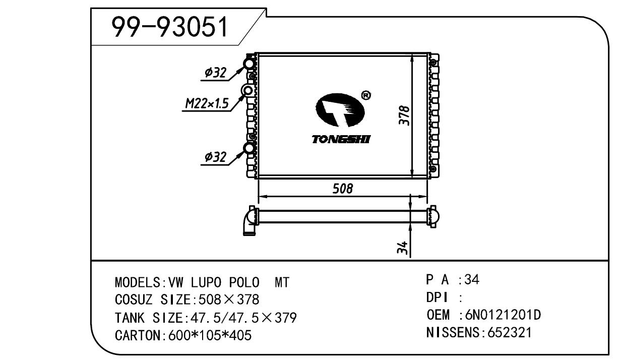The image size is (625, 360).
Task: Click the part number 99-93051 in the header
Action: pos(170,27)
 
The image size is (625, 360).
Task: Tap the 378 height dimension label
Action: pos(404,115)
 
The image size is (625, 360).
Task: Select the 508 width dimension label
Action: pos(343,189)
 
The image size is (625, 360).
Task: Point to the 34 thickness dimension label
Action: pos(402,247)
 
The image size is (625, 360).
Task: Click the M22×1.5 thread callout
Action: pos(207,103)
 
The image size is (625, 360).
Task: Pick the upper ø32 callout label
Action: pos(215,73)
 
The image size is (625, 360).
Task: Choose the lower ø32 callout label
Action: pos(215,157)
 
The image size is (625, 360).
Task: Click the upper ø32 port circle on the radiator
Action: pos(249,64)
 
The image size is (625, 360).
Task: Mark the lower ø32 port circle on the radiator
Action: pos(249,148)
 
